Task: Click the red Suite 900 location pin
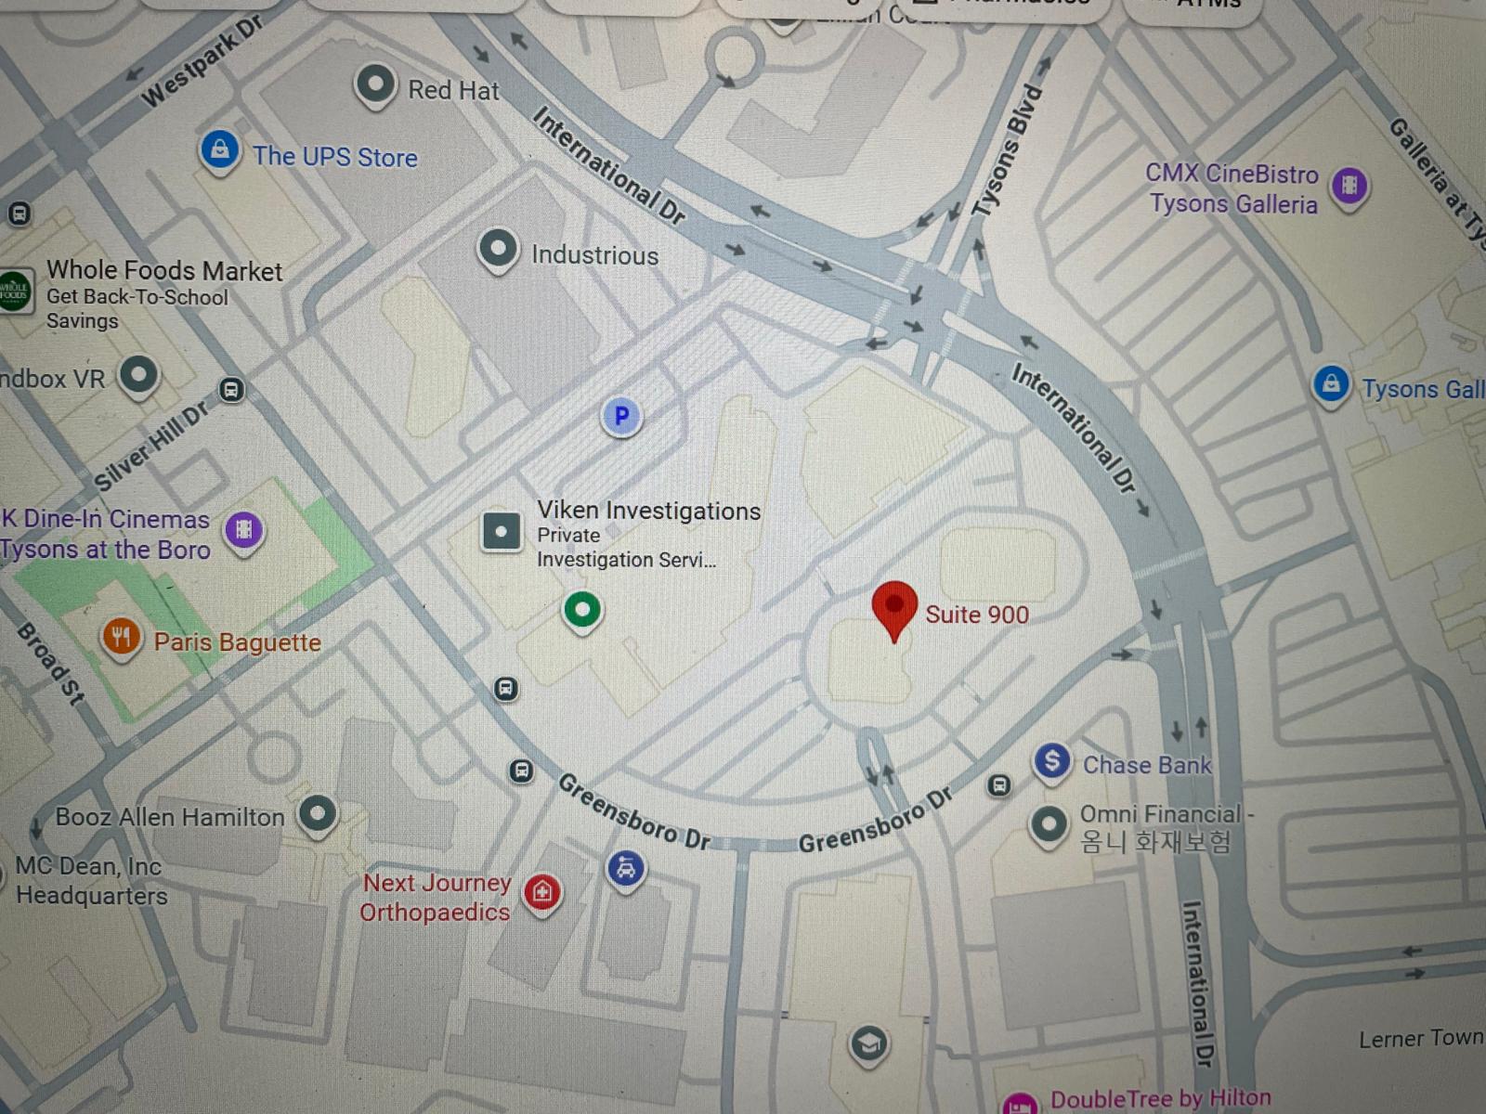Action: pyautogui.click(x=894, y=607)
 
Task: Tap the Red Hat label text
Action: pyautogui.click(x=453, y=90)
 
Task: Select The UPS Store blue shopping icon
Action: pyautogui.click(x=220, y=149)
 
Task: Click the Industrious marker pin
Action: pyautogui.click(x=498, y=249)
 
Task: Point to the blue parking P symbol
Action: pyautogui.click(x=621, y=416)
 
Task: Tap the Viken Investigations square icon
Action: pyautogui.click(x=502, y=532)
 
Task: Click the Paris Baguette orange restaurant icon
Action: pyautogui.click(x=121, y=638)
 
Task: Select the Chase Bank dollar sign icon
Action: pyautogui.click(x=1051, y=761)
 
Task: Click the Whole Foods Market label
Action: pyautogui.click(x=164, y=270)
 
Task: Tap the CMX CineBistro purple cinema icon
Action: pyautogui.click(x=1349, y=186)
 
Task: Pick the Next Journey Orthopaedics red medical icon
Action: pyautogui.click(x=542, y=892)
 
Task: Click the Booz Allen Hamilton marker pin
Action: pyautogui.click(x=318, y=814)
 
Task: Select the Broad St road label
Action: pyautogui.click(x=51, y=663)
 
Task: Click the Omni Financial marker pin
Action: pyautogui.click(x=1049, y=823)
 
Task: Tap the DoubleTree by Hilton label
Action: pyautogui.click(x=1160, y=1098)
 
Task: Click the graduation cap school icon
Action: pyautogui.click(x=869, y=1043)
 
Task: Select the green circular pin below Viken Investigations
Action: pyautogui.click(x=582, y=610)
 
